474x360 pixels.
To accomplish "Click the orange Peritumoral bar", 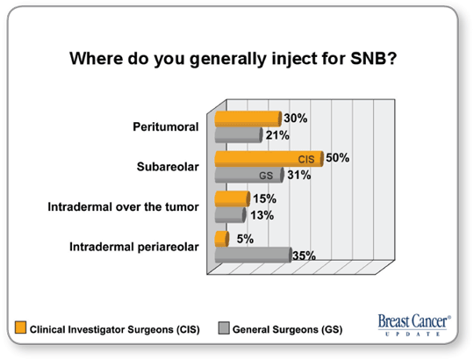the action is tap(248, 119).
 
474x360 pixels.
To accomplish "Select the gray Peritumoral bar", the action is tap(239, 135).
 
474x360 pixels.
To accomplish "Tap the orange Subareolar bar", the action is tap(269, 159).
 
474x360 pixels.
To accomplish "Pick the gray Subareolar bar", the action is tap(249, 175).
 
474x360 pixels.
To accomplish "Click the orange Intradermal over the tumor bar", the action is tap(233, 199).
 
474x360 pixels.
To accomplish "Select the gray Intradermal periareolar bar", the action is tap(254, 256).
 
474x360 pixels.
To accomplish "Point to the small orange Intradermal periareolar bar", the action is tap(222, 239).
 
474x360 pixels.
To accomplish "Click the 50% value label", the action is tap(337, 158).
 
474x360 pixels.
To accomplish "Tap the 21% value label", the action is tap(277, 135).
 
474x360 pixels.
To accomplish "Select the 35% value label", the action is tap(304, 256).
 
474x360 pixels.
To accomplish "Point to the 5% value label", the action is tap(245, 239).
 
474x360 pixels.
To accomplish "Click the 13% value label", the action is tap(262, 215).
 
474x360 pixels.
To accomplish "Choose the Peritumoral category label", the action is tap(166, 126).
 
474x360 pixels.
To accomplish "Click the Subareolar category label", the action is tap(168, 167).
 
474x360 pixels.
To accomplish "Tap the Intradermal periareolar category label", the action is tap(134, 247).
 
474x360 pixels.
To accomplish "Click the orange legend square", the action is tap(20, 328).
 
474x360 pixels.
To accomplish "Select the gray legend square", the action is tap(224, 328).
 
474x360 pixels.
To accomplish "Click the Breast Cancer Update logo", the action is tap(414, 325).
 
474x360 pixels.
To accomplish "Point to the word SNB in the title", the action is tap(373, 58).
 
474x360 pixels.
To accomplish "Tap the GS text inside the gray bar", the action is tap(266, 176).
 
